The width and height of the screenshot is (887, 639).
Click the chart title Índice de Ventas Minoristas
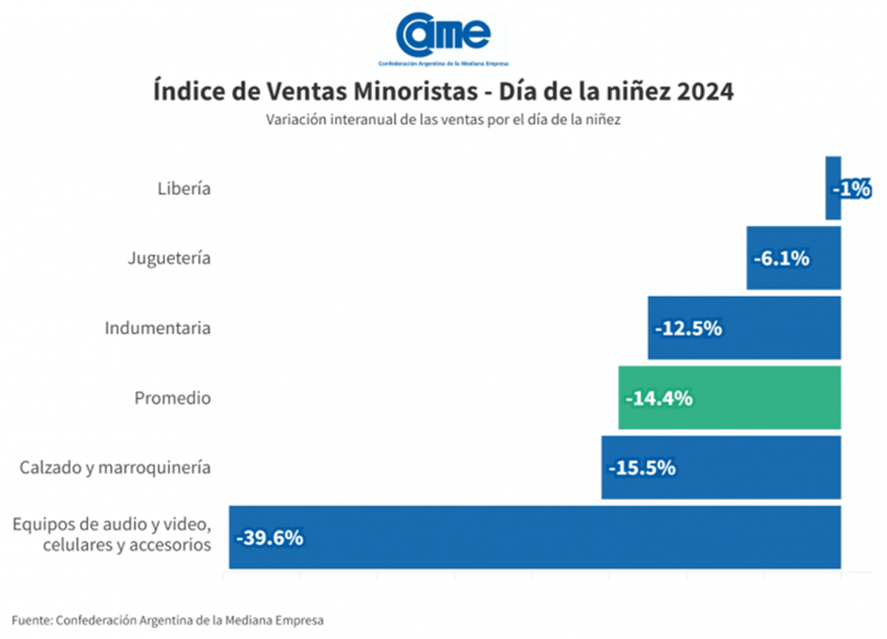(x=443, y=93)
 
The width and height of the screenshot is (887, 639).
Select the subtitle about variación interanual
(x=443, y=120)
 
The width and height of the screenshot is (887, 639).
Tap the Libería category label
(x=184, y=188)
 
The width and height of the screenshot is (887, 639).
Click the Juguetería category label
(x=169, y=259)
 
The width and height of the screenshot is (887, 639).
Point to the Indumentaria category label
(x=157, y=328)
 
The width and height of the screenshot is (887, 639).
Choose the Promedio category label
(x=172, y=398)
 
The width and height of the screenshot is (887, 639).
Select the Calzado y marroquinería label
(x=115, y=468)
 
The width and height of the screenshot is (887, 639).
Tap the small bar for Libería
(x=832, y=188)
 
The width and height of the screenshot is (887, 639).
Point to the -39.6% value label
(x=269, y=538)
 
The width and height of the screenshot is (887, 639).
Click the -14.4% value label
(x=659, y=399)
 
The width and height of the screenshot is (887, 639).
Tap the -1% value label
(x=852, y=189)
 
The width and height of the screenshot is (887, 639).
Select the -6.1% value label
(x=781, y=259)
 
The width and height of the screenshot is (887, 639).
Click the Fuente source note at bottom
(x=168, y=621)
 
